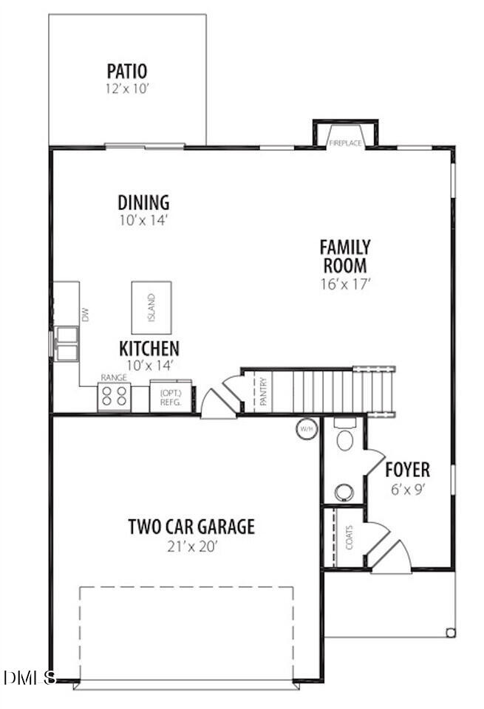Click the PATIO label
click(126, 72)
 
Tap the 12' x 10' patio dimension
click(126, 89)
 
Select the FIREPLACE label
click(345, 143)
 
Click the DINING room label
click(143, 202)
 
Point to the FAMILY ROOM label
click(344, 256)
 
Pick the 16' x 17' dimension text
click(344, 283)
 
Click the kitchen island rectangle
click(151, 307)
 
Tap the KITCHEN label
click(149, 348)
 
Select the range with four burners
click(114, 397)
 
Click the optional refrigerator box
click(171, 397)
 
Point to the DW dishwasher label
click(86, 315)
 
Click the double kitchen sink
click(67, 344)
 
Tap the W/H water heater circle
click(307, 428)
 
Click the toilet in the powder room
click(344, 437)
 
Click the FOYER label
click(407, 470)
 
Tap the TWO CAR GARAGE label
click(191, 527)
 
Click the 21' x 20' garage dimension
click(191, 547)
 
